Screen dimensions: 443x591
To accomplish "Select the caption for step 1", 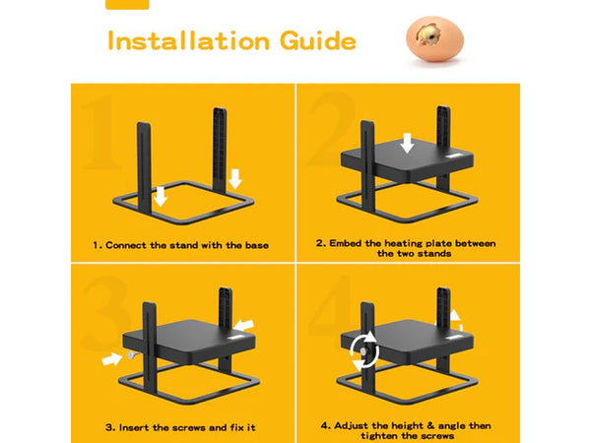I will (181, 243).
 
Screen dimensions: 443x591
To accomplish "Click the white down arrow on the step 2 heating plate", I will (407, 145).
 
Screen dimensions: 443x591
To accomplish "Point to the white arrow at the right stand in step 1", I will (234, 178).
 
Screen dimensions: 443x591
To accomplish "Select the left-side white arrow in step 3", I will (112, 360).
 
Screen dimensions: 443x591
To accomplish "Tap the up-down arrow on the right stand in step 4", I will (455, 320).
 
